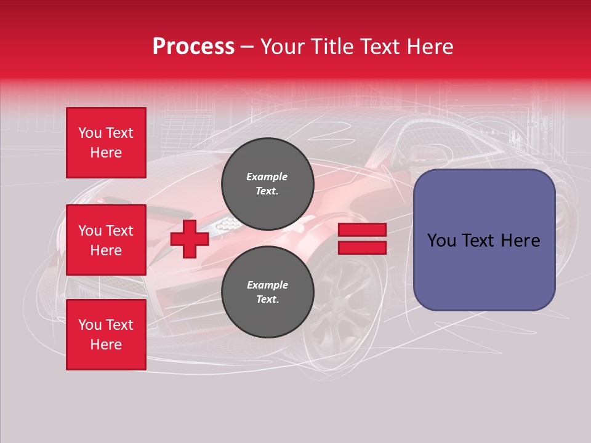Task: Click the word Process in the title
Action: point(193,47)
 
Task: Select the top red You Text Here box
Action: point(106,143)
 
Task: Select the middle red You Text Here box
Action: point(106,240)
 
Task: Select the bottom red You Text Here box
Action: point(106,335)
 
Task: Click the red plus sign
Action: point(190,239)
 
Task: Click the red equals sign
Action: point(362,239)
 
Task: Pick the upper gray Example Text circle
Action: point(267,183)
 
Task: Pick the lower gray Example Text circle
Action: point(267,292)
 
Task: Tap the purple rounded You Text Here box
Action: point(484,240)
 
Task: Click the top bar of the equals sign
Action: point(362,230)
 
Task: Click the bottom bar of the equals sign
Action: point(362,247)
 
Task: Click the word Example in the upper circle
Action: point(267,177)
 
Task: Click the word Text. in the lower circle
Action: point(267,300)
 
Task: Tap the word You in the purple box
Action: point(441,241)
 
